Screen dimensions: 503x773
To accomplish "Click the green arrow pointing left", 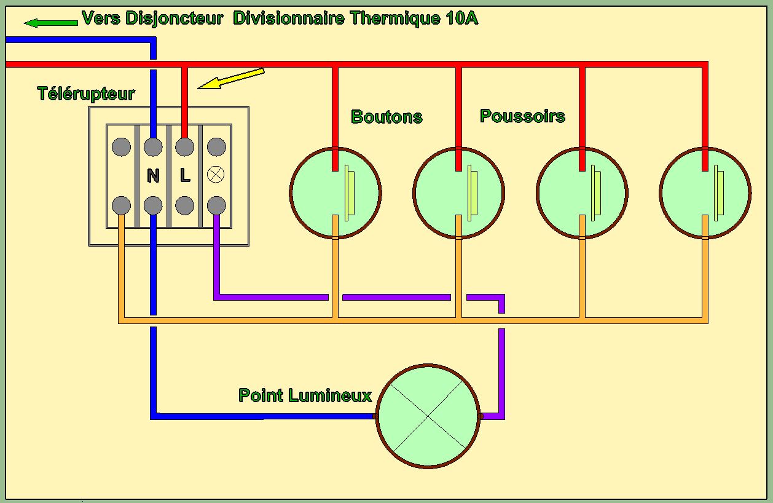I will [50, 23].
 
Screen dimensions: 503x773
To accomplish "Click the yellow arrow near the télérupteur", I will [230, 79].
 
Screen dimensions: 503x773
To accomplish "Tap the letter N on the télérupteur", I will [153, 176].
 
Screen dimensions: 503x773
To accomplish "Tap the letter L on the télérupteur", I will [185, 176].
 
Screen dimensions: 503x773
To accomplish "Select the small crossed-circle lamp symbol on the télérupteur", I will [216, 175].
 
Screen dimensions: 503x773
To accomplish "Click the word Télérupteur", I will [86, 94].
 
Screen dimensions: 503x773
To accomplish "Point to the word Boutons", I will [386, 117].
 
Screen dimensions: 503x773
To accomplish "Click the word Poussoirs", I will [522, 116].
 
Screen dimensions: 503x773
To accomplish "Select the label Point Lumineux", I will [305, 395].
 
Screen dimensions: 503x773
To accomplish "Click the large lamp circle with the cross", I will [428, 416].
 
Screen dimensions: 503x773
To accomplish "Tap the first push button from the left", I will [335, 192].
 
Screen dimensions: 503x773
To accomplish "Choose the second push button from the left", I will [459, 192].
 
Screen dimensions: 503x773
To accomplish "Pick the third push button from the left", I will [582, 192].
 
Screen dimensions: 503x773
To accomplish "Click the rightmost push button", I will [705, 192].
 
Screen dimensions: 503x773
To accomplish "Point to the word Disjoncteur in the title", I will [174, 18].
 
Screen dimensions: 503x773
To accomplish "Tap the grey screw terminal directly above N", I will [153, 147].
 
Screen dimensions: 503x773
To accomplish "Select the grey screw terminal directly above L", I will [185, 147].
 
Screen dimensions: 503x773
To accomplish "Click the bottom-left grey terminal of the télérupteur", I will [122, 204].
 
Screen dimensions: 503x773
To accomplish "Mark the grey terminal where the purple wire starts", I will [216, 204].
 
